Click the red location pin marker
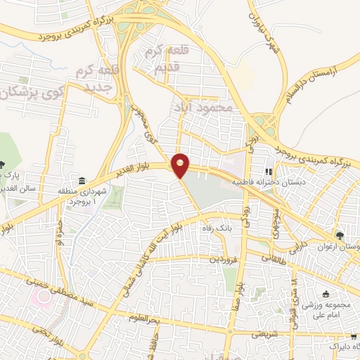point(181,165)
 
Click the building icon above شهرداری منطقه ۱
point(83,180)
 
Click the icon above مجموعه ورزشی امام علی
point(325,294)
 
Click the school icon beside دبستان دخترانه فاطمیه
point(268,171)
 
